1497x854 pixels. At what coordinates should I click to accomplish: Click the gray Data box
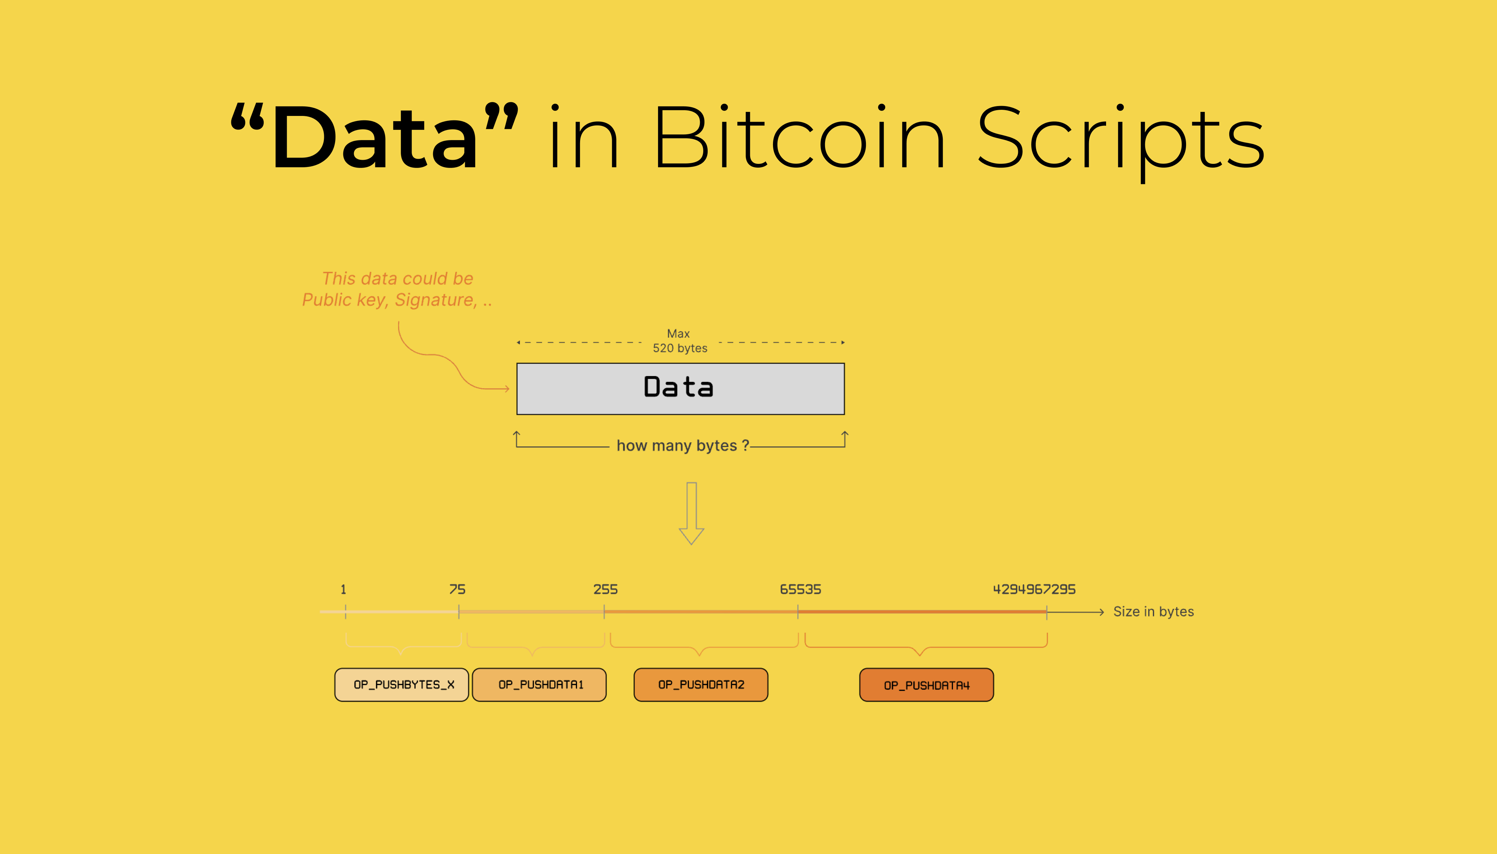click(680, 389)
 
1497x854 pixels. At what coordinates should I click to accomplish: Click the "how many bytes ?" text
click(682, 446)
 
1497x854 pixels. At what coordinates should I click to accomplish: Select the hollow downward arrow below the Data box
click(691, 513)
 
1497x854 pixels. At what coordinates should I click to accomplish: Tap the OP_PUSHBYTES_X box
click(401, 684)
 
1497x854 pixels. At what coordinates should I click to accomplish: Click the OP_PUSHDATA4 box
click(926, 684)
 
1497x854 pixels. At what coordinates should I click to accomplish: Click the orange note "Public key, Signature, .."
click(397, 300)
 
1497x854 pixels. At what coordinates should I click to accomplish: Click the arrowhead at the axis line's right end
click(1102, 612)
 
